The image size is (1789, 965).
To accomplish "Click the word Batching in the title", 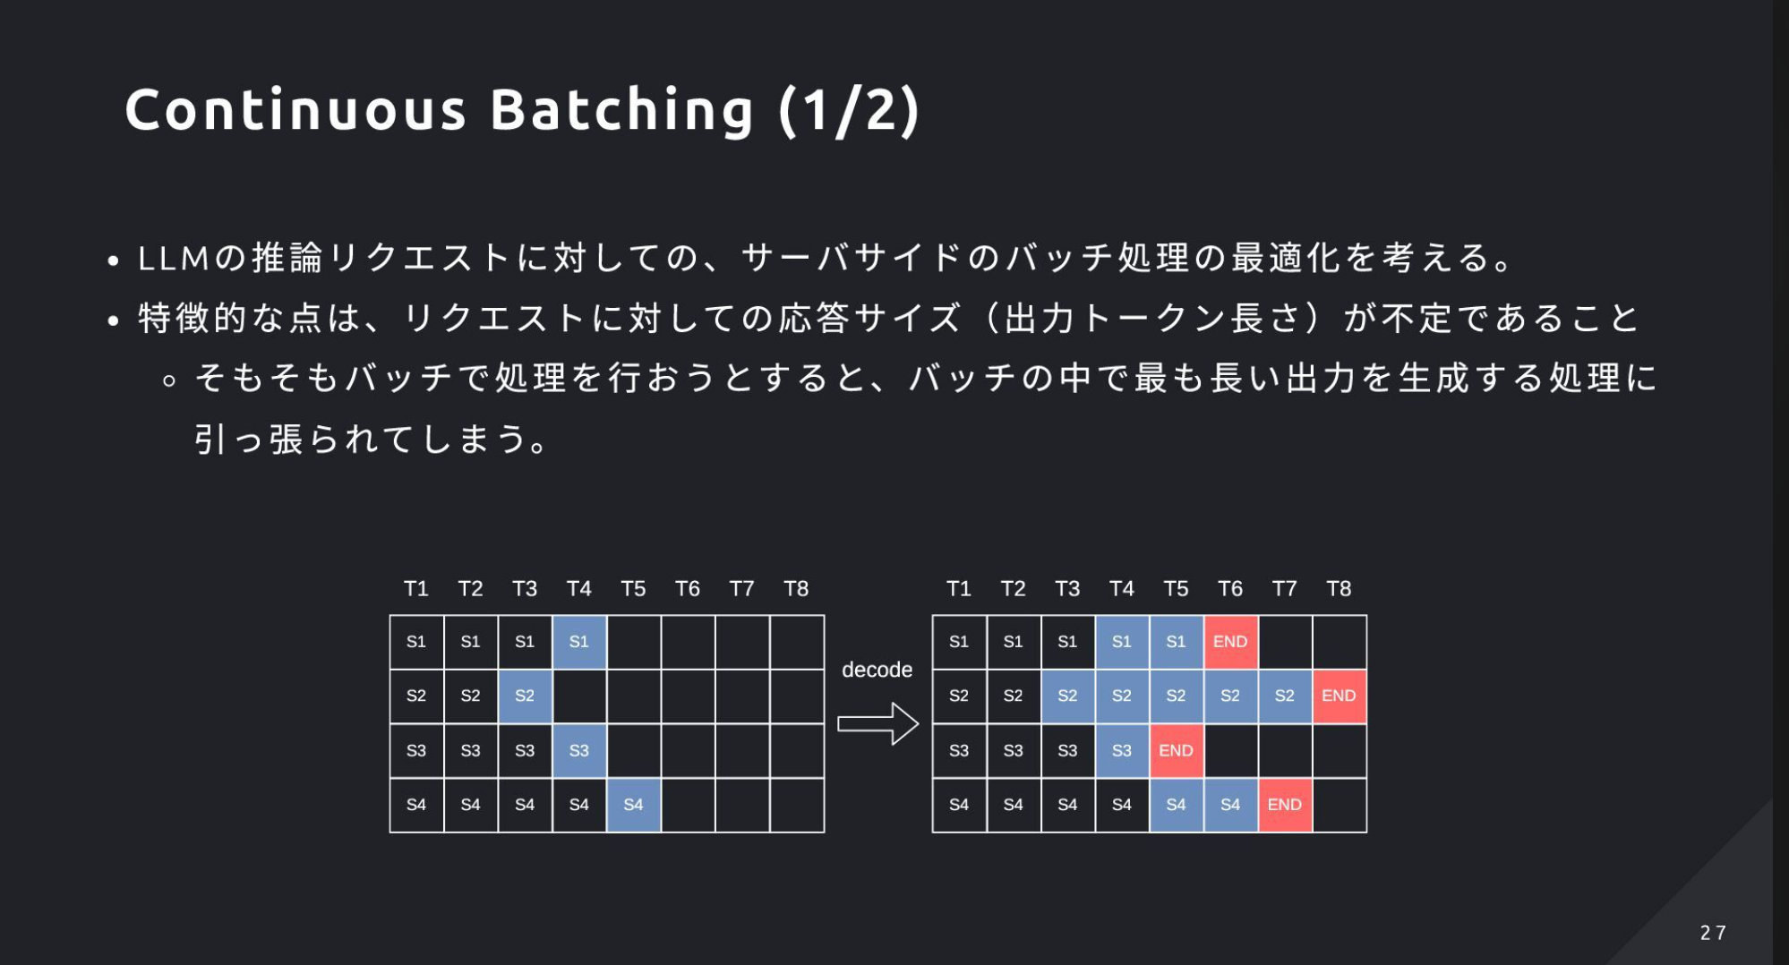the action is click(x=622, y=110).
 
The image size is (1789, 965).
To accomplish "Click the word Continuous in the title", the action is click(x=295, y=110).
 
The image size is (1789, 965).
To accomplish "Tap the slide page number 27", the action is click(x=1713, y=933).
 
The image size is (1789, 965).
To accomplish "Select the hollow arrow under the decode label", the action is click(x=877, y=723).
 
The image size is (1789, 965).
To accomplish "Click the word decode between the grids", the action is click(x=877, y=670).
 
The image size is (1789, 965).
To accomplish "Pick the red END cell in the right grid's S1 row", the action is click(x=1230, y=642).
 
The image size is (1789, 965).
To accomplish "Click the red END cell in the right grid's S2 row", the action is click(x=1339, y=696).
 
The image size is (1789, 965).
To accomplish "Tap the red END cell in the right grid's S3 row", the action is click(x=1176, y=750).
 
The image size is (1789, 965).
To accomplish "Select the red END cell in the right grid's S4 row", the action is click(x=1284, y=805).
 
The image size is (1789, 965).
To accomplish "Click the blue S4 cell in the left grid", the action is click(x=633, y=805).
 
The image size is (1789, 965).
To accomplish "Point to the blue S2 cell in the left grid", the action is click(x=525, y=696).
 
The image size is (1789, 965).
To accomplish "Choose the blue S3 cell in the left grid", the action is click(x=579, y=750).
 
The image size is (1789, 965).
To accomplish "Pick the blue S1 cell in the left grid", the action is click(x=579, y=642).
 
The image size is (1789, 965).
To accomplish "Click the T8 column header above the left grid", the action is click(x=796, y=589).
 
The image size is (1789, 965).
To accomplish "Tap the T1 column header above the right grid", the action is click(x=958, y=589).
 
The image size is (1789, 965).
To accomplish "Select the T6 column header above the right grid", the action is click(x=1230, y=589).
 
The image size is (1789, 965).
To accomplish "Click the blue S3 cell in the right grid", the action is click(x=1121, y=750).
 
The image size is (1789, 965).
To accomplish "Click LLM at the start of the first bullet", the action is click(x=173, y=259).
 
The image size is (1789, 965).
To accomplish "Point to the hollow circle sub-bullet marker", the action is click(x=169, y=380).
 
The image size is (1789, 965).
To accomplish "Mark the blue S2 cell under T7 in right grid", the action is click(x=1284, y=696).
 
